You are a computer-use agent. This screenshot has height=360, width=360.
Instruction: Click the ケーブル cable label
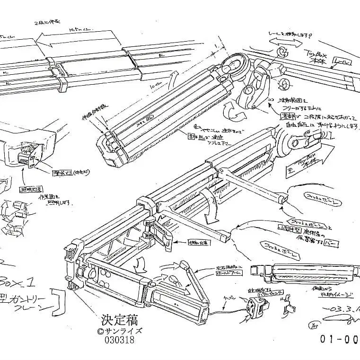[231, 298]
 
